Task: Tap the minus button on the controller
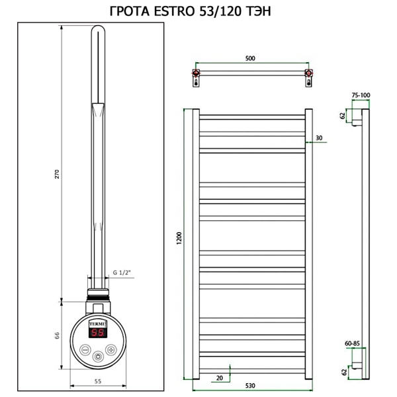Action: (85, 349)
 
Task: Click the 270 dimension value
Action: (58, 173)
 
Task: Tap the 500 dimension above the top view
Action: (249, 59)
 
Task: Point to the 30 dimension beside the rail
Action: (319, 138)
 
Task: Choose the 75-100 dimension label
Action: (360, 96)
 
